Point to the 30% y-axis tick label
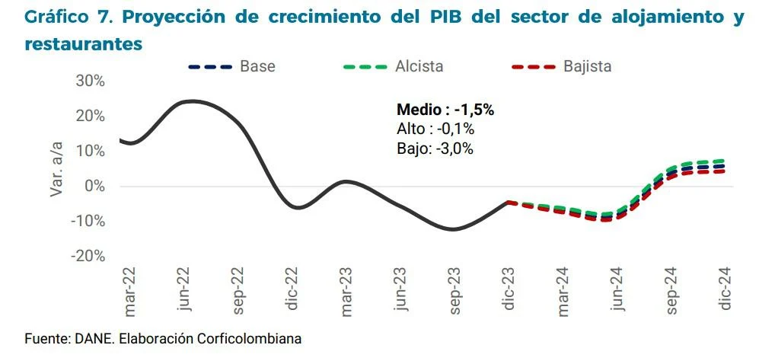coord(90,81)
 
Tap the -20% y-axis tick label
coord(88,256)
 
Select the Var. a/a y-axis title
coord(57,168)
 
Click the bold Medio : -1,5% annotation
coord(445,110)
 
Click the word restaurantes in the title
coord(84,44)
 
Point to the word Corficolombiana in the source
coord(252,338)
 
